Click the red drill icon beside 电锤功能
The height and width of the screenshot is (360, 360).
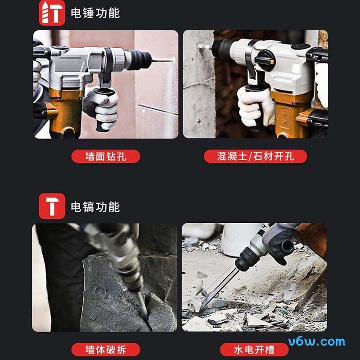pos(52,13)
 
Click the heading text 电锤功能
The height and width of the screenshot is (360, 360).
pos(95,13)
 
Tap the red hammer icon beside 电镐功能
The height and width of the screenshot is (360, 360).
pos(52,207)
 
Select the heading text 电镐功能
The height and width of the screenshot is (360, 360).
pos(95,207)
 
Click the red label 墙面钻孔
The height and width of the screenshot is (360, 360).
pos(106,157)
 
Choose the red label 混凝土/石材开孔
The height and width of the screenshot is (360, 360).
pos(255,157)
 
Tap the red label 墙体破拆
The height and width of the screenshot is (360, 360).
pos(106,349)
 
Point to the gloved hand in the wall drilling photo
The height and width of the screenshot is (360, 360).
pos(101,106)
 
